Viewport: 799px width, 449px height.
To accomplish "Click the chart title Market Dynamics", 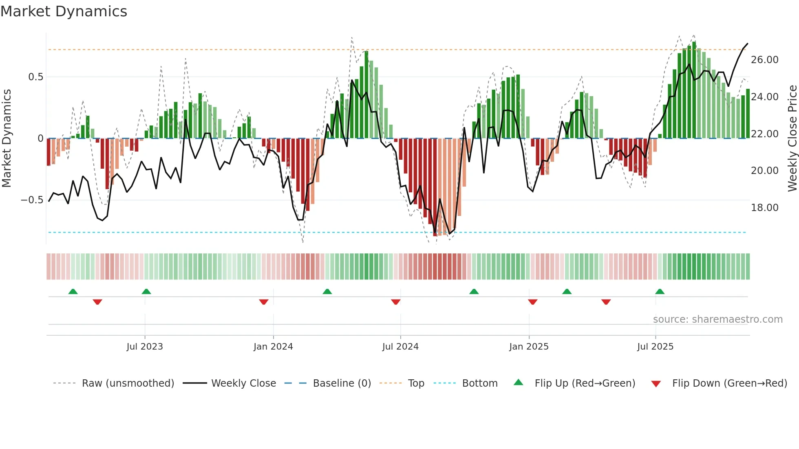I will point(64,11).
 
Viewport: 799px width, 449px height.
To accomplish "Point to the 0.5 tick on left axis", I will point(35,77).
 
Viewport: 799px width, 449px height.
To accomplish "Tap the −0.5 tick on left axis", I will point(32,200).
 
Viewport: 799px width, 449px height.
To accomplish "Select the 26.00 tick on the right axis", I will point(764,60).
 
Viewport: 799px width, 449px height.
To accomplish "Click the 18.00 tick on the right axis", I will point(764,208).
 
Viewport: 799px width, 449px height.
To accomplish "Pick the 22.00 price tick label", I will point(764,134).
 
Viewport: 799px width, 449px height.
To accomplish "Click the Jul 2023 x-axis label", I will point(144,347).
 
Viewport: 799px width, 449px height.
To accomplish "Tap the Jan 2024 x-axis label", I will point(273,347).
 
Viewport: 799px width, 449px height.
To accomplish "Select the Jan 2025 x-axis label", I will point(528,347).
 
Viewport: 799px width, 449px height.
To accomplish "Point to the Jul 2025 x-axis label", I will point(655,347).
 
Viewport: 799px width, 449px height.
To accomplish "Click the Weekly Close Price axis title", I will point(792,139).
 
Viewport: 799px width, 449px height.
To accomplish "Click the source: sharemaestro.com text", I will point(717,319).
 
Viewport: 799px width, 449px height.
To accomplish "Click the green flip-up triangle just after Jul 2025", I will point(660,291).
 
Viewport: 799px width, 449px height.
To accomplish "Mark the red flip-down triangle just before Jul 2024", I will point(395,302).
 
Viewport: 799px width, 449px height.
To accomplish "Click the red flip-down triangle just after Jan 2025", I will point(532,302).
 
